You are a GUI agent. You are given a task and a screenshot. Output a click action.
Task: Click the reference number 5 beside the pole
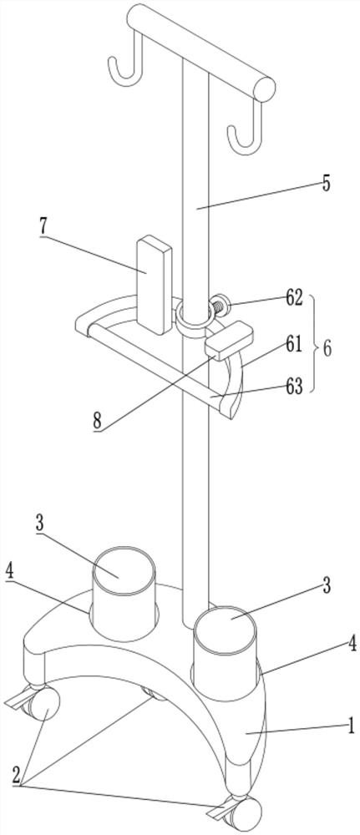tap(326, 183)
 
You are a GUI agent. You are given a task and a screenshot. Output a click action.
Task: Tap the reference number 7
tap(43, 228)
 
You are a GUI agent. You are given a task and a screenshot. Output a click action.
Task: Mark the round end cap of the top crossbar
tap(264, 89)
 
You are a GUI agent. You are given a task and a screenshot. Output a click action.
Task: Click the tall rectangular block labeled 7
tap(155, 286)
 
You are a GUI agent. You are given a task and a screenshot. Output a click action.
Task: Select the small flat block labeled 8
tap(229, 341)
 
